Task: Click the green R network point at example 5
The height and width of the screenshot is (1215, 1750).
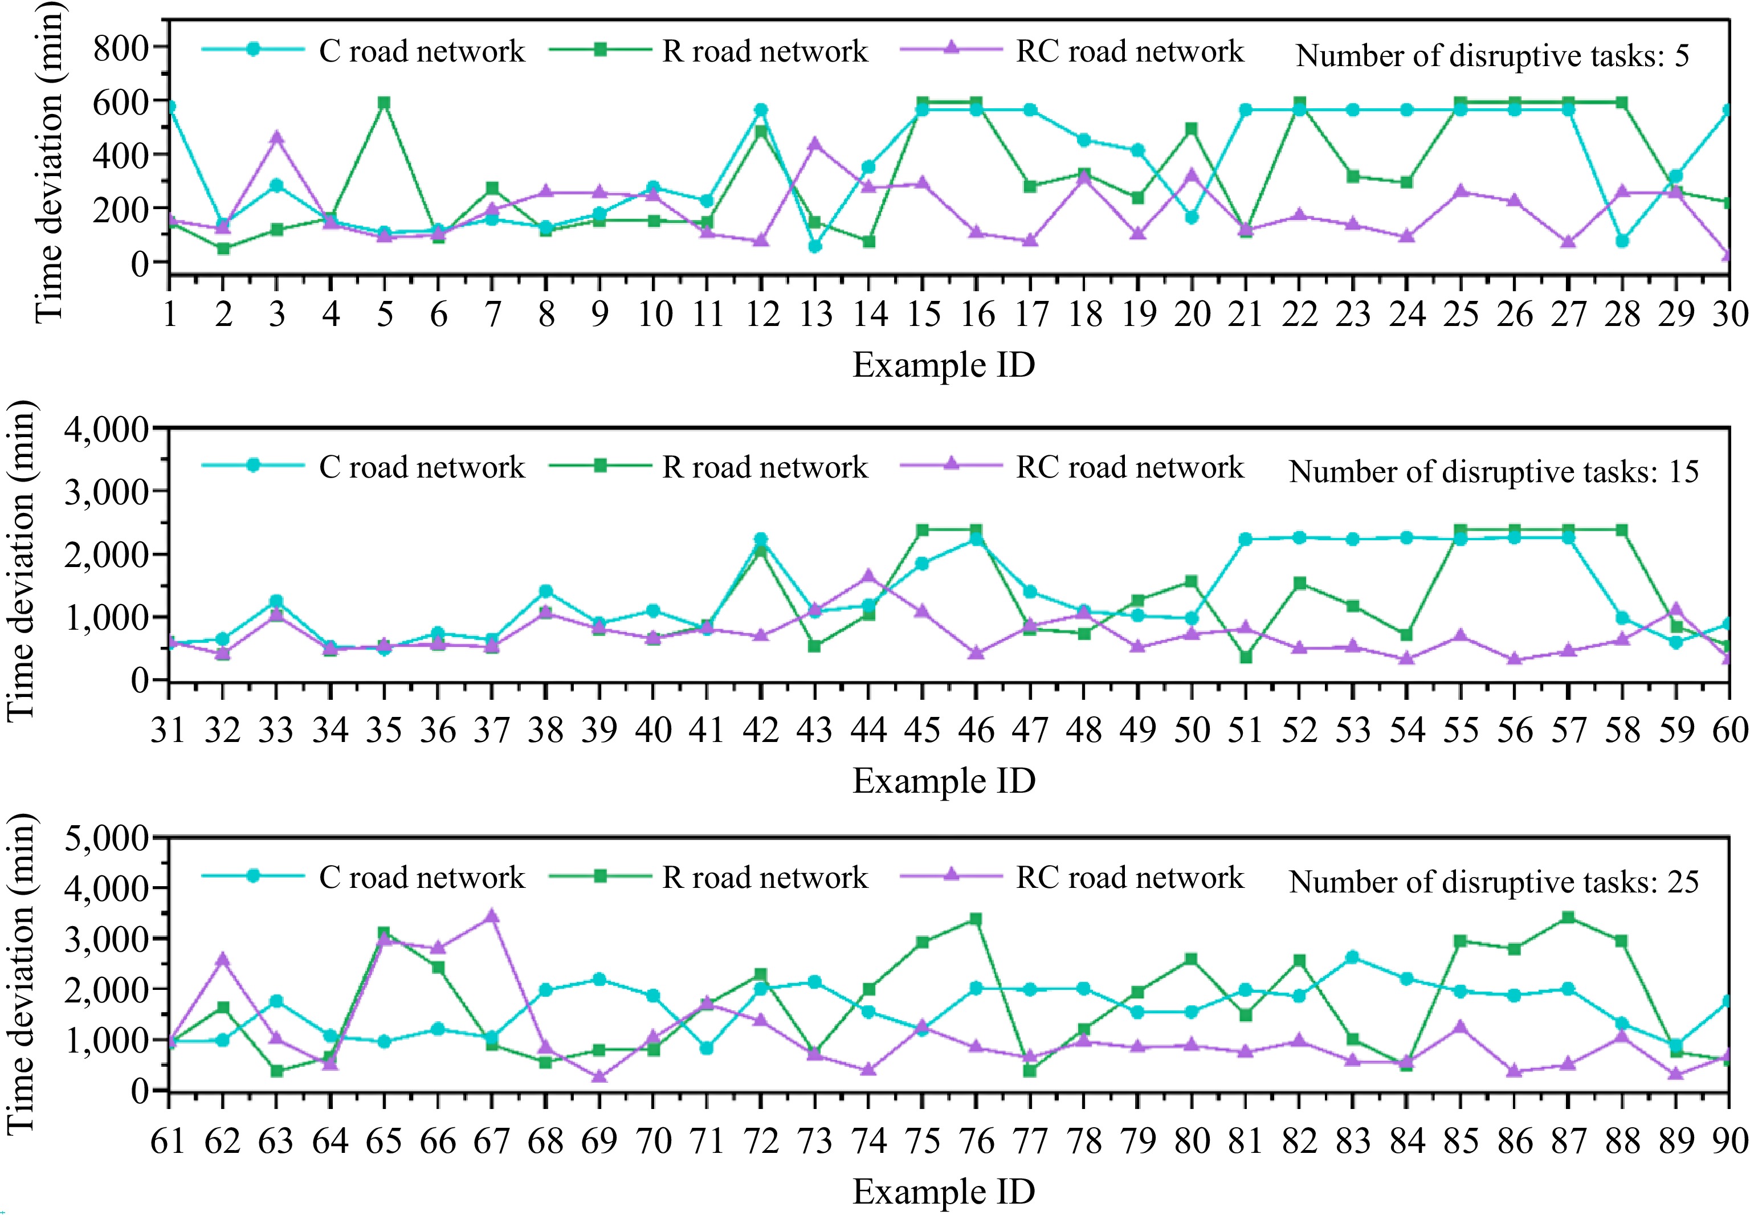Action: point(385,103)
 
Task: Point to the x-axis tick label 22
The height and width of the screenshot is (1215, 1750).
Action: point(1299,313)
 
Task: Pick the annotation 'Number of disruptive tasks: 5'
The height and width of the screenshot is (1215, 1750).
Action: point(1492,56)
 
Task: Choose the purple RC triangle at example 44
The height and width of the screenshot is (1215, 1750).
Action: point(868,576)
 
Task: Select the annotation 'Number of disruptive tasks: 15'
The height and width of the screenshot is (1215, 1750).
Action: point(1494,472)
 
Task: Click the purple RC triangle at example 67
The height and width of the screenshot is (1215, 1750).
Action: point(492,916)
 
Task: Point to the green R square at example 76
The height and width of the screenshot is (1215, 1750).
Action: point(976,919)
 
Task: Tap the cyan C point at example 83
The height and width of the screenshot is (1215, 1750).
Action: point(1353,957)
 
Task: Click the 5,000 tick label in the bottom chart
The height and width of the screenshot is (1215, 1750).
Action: point(107,838)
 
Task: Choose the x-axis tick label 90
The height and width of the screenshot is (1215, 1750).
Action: point(1729,1140)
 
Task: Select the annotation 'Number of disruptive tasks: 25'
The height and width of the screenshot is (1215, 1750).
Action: point(1494,882)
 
